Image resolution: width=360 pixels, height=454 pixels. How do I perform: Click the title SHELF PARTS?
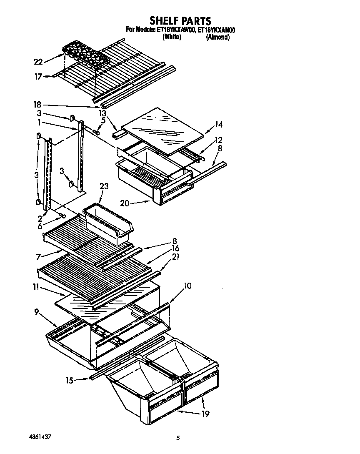point(180,20)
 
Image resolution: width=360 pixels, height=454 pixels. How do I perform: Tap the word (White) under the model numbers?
point(171,37)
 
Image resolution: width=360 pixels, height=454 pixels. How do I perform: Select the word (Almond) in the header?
point(217,37)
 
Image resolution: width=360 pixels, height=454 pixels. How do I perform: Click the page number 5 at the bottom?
point(178,438)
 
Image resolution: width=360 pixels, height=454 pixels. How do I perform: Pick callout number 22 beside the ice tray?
point(38,62)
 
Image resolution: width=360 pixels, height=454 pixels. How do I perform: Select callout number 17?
point(38,76)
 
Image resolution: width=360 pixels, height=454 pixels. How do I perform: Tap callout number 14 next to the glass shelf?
point(219,124)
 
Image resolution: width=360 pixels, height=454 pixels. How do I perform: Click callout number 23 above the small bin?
point(103,186)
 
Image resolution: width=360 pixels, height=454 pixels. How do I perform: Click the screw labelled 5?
point(96,132)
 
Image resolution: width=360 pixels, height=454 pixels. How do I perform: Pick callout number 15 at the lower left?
point(69,380)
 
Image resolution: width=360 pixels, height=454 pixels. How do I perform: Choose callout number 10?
point(187,286)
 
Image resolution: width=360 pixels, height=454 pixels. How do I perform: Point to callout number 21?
point(175,256)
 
